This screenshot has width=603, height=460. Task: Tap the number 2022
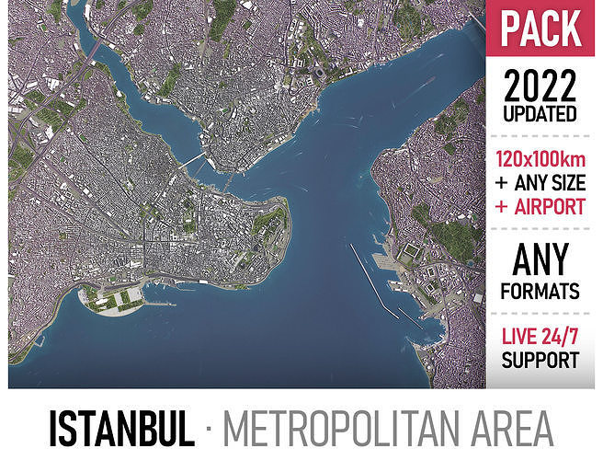(541, 87)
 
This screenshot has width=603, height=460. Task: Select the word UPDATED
(541, 115)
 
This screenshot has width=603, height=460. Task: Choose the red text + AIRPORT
(541, 206)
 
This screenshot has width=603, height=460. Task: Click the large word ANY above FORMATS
(541, 259)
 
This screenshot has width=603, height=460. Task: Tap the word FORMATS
(541, 292)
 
